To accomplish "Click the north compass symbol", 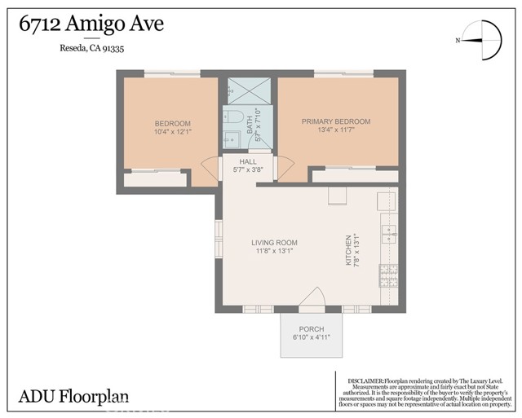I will coord(479,40).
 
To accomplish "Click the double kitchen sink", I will coord(388,235).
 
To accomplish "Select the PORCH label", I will coord(312,329).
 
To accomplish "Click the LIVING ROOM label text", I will coord(273,243).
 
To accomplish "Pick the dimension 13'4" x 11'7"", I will coord(336,130).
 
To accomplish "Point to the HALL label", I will coord(248,162).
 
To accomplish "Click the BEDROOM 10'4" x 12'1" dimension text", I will coord(172,132).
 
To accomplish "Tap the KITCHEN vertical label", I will coord(348,253).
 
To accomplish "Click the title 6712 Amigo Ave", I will coord(91,24).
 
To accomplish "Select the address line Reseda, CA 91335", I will coord(91,49).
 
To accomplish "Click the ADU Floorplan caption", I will coord(73,397).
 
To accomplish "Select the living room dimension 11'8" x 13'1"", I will coord(273,252).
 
